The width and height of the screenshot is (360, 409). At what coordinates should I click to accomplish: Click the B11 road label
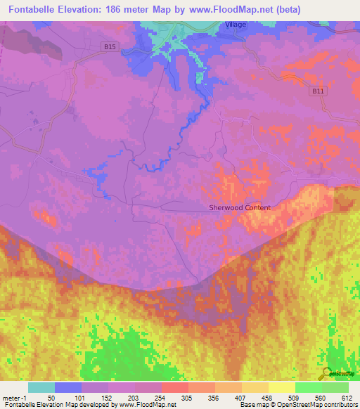tap(319, 91)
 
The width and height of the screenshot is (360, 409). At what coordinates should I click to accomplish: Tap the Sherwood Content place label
tap(240, 207)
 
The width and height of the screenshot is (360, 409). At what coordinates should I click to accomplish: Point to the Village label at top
tap(236, 25)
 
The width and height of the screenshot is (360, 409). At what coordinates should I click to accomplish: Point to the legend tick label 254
tap(161, 397)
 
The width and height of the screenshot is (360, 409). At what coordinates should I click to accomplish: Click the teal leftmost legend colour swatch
tap(41, 387)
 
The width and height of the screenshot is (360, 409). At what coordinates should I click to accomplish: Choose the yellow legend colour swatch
tap(281, 387)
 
